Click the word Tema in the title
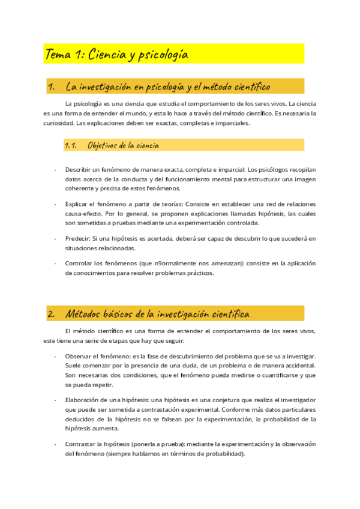tap(58, 55)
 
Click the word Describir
tap(79, 169)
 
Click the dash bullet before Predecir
tap(55, 238)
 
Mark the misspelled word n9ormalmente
tap(167, 263)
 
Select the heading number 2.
tap(51, 313)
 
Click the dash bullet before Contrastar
tap(55, 444)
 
